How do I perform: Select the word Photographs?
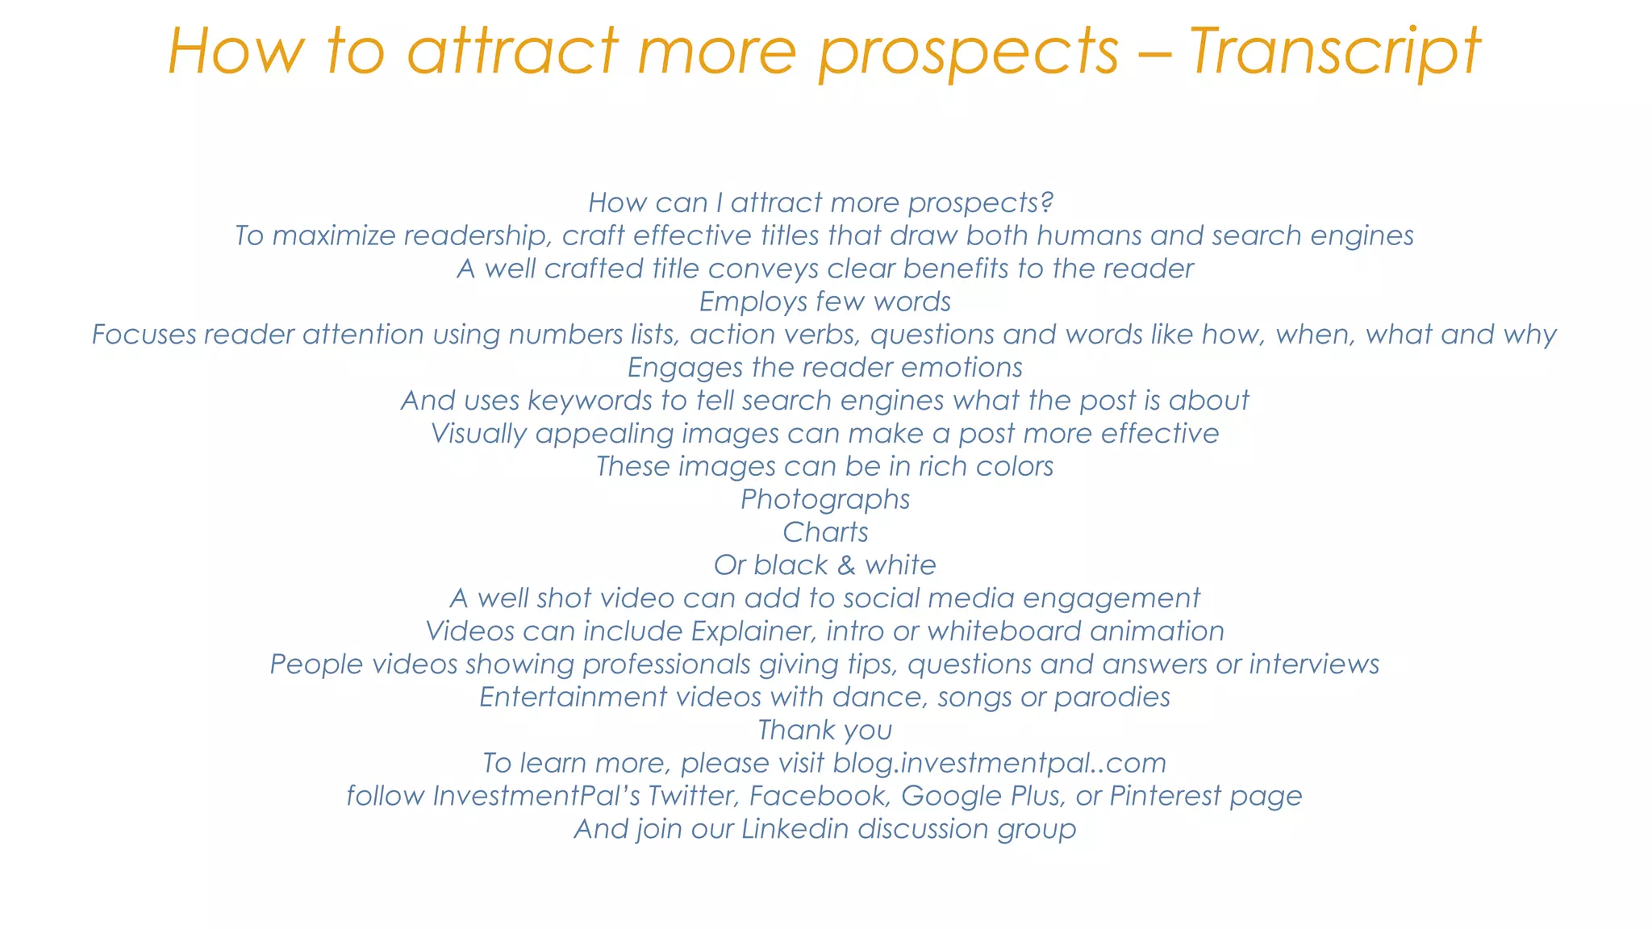[825, 500]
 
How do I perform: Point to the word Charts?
[825, 532]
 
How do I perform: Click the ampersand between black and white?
[846, 565]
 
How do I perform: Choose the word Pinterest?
[1165, 796]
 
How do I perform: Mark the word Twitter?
[693, 796]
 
